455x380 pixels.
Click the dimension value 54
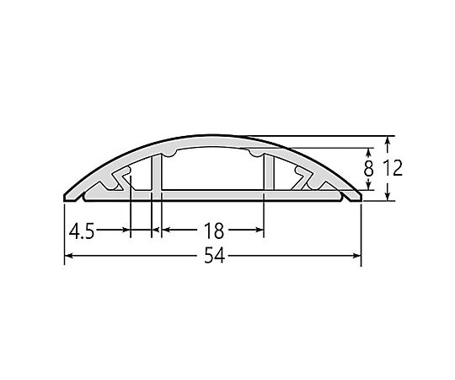click(x=215, y=256)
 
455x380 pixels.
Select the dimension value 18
click(x=214, y=231)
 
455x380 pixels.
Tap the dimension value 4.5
click(x=82, y=231)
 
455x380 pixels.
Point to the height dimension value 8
click(x=368, y=169)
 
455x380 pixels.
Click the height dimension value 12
click(x=393, y=168)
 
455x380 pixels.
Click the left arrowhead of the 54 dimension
click(x=68, y=256)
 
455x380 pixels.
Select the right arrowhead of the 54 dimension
click(x=357, y=256)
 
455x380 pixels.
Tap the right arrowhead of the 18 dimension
click(x=260, y=230)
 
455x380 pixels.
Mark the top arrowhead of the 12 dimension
click(x=387, y=140)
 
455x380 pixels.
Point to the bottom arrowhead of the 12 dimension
click(x=387, y=197)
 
